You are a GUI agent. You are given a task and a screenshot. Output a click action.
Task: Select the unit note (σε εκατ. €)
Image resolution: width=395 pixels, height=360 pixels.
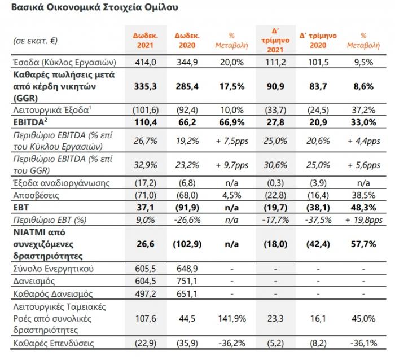pos(35,41)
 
